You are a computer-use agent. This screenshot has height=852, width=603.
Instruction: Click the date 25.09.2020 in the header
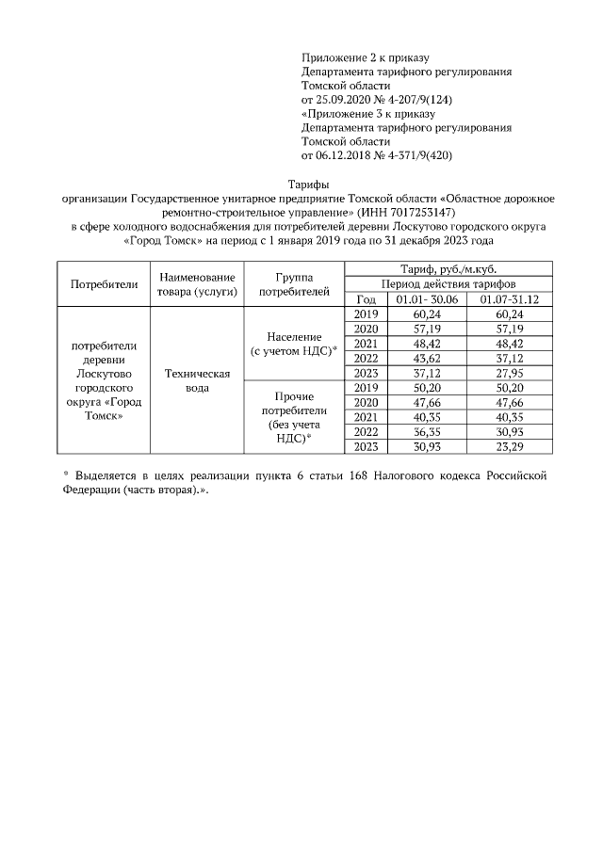click(x=342, y=97)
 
